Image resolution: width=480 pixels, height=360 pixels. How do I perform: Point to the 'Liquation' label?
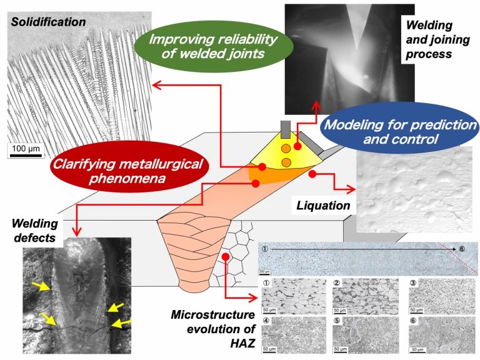[x=322, y=204]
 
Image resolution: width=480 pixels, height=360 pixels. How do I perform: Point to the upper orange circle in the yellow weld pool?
[x=285, y=149]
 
